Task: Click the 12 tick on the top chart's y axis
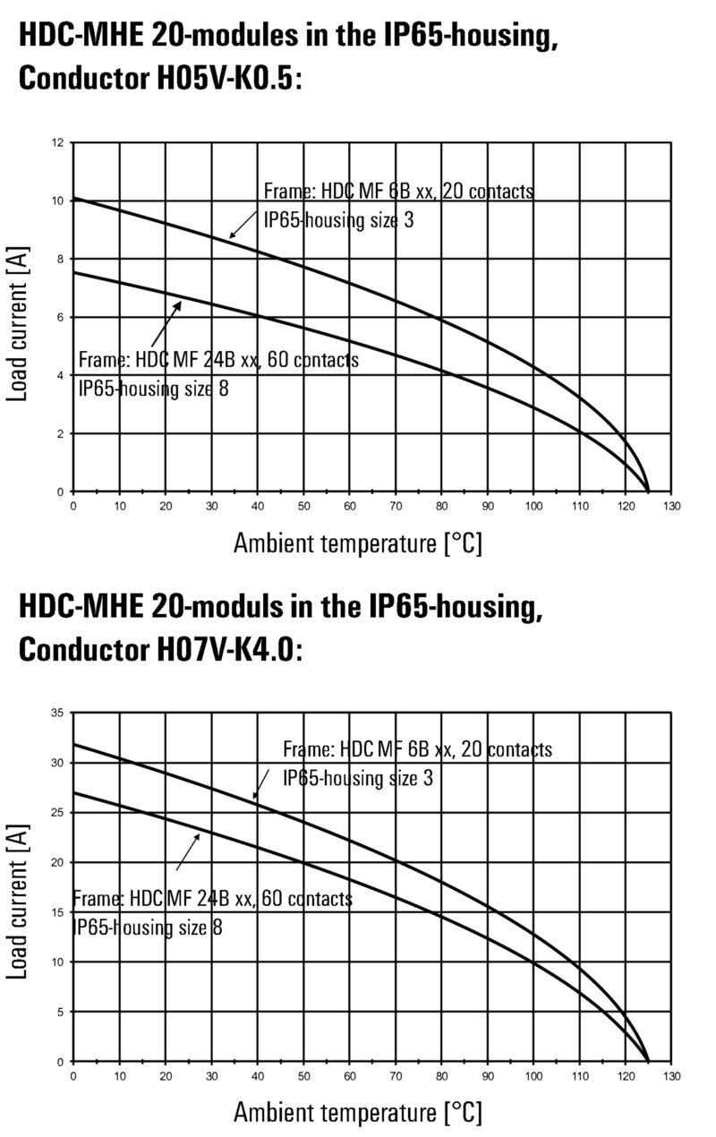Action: click(x=58, y=142)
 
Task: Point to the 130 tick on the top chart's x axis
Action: click(x=673, y=507)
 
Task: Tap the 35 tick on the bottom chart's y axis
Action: click(x=56, y=713)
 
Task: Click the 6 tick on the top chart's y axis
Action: click(x=60, y=317)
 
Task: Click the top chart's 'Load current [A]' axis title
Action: click(x=17, y=318)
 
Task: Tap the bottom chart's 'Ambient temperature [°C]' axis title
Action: click(x=357, y=1113)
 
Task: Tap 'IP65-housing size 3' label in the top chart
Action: click(x=338, y=219)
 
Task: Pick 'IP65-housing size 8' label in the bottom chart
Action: click(x=148, y=928)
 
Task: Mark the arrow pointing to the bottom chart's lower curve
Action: click(x=187, y=851)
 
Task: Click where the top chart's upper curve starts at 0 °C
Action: click(x=73, y=198)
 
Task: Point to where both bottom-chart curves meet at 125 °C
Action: click(x=648, y=1061)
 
